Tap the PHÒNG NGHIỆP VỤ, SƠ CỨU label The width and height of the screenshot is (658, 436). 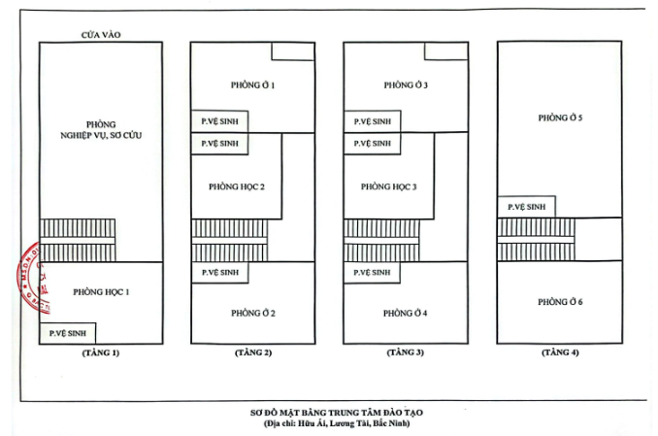[101, 130]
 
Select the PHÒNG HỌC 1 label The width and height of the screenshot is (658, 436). [101, 291]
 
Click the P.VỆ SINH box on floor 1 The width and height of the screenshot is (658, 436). [68, 333]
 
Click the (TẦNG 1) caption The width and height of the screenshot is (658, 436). [101, 352]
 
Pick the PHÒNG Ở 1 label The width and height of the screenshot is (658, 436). [253, 85]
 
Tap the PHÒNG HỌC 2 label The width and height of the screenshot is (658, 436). [237, 186]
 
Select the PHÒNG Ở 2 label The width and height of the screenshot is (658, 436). [253, 313]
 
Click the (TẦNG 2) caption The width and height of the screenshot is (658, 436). [253, 352]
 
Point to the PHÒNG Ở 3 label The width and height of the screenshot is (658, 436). [406, 85]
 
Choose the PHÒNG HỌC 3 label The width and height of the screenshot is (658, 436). [389, 186]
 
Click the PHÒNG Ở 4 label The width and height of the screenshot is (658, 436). [406, 313]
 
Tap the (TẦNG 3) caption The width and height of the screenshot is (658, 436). [406, 352]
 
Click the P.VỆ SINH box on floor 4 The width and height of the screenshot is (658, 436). [528, 207]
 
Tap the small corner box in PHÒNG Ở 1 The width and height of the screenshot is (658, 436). [292, 51]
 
